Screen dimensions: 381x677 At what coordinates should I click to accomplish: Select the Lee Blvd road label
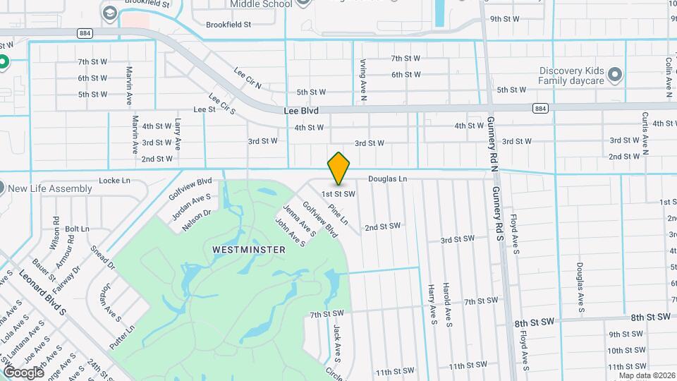coord(301,111)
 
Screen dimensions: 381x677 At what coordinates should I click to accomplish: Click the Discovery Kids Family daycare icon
coord(616,74)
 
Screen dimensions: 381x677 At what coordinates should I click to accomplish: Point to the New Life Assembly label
coord(51,188)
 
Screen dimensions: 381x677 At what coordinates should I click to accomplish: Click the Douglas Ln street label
coord(387,179)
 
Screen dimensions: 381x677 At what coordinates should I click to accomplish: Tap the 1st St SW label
coord(338,193)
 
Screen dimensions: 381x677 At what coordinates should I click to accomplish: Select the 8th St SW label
coord(650,318)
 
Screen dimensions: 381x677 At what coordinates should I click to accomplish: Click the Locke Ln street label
coord(115,181)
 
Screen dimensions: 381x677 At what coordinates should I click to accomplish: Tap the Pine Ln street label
coord(338,214)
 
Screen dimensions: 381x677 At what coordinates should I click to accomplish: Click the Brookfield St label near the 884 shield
coord(228,25)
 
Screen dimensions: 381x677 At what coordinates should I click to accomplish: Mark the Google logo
coord(23,372)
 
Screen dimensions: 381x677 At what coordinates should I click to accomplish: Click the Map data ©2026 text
coord(647,375)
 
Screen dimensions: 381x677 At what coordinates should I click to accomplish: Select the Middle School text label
coord(261,4)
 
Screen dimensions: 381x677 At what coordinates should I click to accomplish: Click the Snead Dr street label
coord(103,258)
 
